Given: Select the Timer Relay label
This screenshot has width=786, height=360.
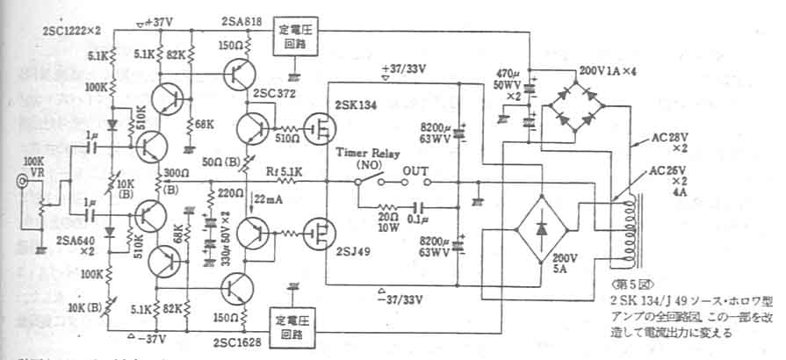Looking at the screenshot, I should pyautogui.click(x=363, y=151).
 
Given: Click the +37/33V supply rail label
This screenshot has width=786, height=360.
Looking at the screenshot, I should pyautogui.click(x=403, y=69).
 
